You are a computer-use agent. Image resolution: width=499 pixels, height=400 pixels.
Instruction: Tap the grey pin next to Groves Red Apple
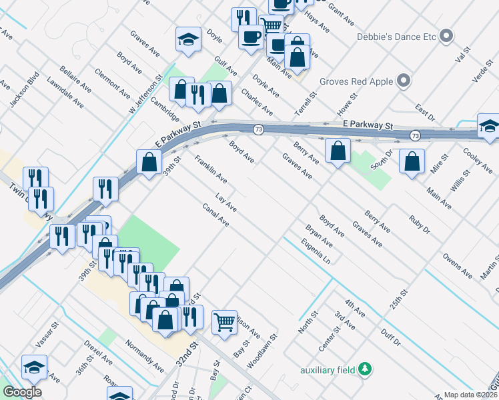point(403,82)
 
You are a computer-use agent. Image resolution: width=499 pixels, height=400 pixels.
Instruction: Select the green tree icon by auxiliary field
point(364,369)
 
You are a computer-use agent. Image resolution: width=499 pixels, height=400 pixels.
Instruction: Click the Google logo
point(22,392)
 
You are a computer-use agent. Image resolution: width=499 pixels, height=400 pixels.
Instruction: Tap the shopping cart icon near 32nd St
point(225,322)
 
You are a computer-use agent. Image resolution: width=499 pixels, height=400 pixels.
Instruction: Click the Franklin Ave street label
point(211,170)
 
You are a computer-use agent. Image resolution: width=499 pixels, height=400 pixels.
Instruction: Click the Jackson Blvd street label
point(21,92)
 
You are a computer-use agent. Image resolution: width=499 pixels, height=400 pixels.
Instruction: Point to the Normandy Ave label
point(144,355)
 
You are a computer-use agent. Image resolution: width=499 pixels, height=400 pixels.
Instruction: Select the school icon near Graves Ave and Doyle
point(188,39)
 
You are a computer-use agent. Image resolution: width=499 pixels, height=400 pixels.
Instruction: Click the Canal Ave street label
point(215,215)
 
